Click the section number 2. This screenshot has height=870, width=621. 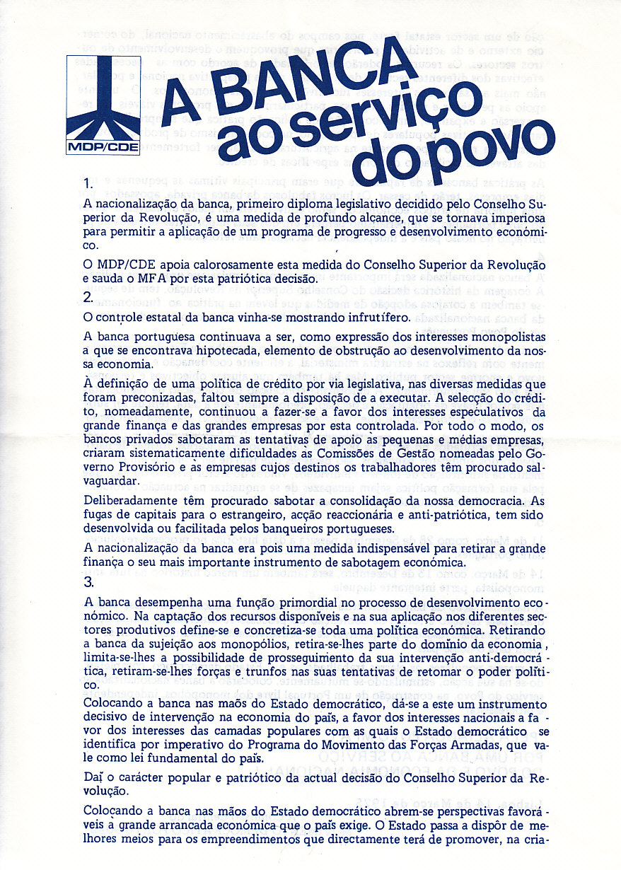pyautogui.click(x=88, y=296)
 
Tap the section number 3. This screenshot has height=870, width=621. pyautogui.click(x=88, y=582)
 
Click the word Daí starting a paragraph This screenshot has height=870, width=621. pyautogui.click(x=93, y=779)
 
